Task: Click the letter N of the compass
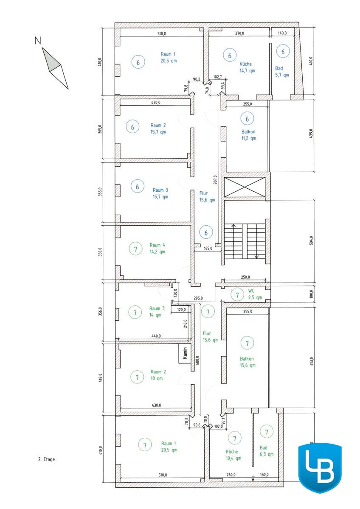[x=38, y=41]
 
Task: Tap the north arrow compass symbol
[x=55, y=68]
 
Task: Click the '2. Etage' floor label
[x=46, y=459]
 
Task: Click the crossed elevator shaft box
[x=245, y=187]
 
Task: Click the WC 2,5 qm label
[x=255, y=294]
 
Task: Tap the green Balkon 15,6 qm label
[x=247, y=362]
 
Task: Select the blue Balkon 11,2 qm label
[x=249, y=135]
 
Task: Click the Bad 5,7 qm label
[x=282, y=72]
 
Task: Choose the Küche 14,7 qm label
[x=247, y=67]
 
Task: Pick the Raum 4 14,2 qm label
[x=157, y=249]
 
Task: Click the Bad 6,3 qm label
[x=267, y=451]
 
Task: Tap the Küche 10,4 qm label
[x=233, y=455]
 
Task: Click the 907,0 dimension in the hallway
[x=215, y=179]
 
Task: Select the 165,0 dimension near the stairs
[x=208, y=249]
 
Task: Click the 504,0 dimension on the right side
[x=311, y=241]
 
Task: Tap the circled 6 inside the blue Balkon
[x=247, y=119]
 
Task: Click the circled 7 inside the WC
[x=237, y=295]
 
